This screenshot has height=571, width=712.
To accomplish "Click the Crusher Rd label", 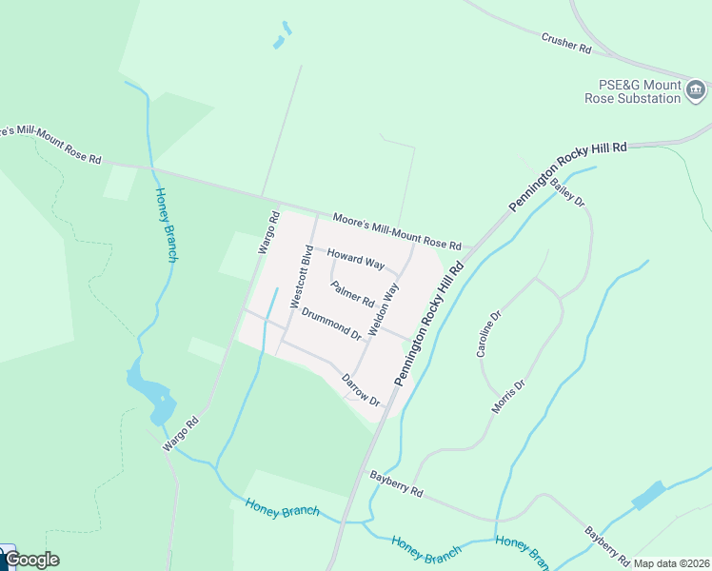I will coord(566,43).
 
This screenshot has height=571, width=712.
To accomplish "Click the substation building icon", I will coord(696,91).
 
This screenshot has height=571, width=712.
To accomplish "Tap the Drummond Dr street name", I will coord(331,324).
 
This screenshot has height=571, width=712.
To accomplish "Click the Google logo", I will coord(31,560).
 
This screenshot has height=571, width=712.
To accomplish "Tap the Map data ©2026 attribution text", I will coord(671,563).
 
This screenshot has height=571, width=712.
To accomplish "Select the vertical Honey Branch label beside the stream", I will coord(167,224).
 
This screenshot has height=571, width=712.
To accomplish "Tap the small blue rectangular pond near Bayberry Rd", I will coord(648,495).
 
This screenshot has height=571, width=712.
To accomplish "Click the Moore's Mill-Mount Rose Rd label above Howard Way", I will coord(396,231).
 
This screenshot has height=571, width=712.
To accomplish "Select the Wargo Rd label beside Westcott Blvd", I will coord(267,232).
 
